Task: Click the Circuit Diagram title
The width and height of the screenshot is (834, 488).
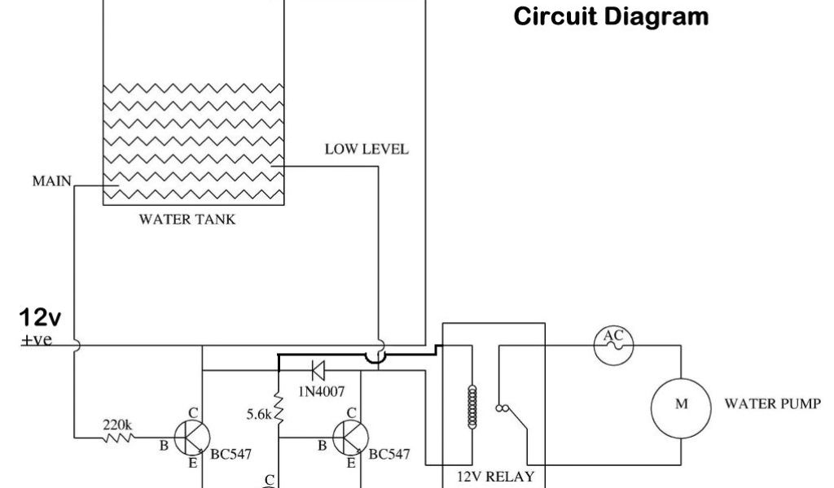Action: coord(611,16)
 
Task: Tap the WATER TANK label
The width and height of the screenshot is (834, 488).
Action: coord(187,220)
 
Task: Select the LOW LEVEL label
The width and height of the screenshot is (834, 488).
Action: coord(367,150)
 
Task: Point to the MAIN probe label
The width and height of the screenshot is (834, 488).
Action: coord(52,181)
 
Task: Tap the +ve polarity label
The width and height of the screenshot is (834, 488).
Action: coord(37,339)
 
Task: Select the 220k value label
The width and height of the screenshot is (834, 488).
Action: coord(118,425)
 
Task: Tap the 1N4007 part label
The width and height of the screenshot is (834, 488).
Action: coord(322,392)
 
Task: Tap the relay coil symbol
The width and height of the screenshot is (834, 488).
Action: coord(469,405)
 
